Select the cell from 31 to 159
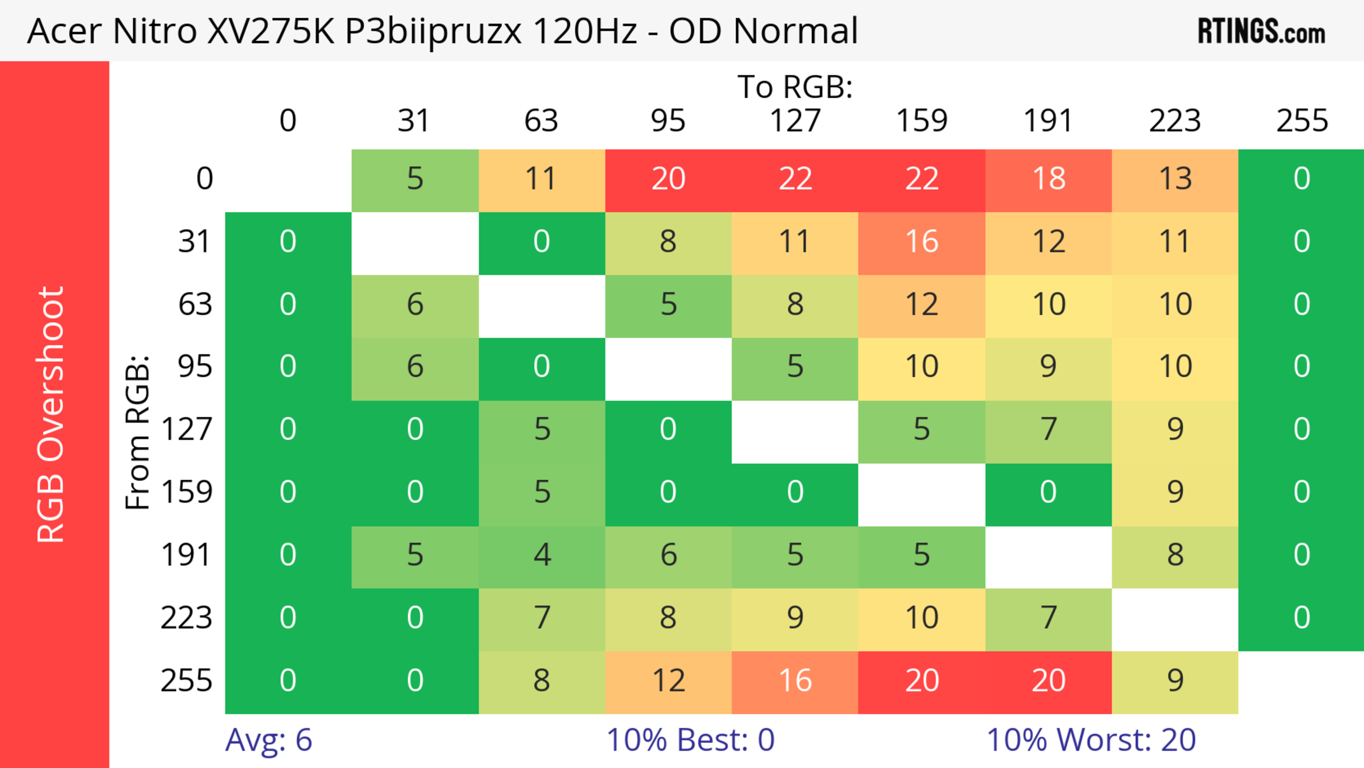pyautogui.click(x=922, y=242)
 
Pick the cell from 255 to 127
pyautogui.click(x=795, y=680)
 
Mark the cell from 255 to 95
pyautogui.click(x=668, y=680)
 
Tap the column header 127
pyautogui.click(x=795, y=121)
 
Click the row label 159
pyautogui.click(x=186, y=492)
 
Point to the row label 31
pyautogui.click(x=195, y=242)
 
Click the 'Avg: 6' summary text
pyautogui.click(x=269, y=740)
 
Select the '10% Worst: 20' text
pyautogui.click(x=1091, y=740)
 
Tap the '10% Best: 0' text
pyautogui.click(x=690, y=740)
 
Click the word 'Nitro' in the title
pyautogui.click(x=155, y=31)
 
